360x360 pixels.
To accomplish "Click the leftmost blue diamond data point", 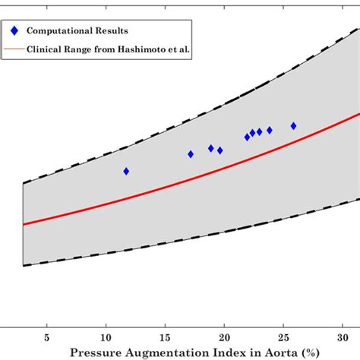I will pos(126,171).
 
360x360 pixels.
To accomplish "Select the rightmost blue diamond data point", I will pos(294,126).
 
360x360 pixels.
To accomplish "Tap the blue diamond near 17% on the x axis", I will pos(191,154).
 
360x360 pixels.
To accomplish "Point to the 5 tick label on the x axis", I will pos(47,336).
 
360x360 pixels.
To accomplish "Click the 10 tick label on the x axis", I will pos(106,336).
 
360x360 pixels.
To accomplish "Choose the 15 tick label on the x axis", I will pos(165,336).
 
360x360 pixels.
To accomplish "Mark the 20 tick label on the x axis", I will pos(224,336).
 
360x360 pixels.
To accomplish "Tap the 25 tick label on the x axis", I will pos(283,336).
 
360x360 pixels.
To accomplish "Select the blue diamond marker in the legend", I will pos(14,30).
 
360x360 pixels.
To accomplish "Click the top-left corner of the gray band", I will pos(24,183).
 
